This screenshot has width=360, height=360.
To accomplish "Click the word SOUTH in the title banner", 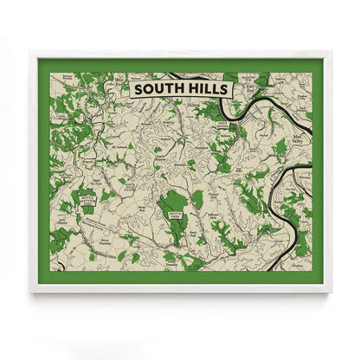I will tap(157, 87).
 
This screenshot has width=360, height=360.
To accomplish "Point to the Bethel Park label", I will tap(143, 209).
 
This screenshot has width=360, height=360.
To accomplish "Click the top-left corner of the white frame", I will tap(30, 50).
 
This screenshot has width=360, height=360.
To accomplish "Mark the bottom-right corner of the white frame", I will tap(331, 292).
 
